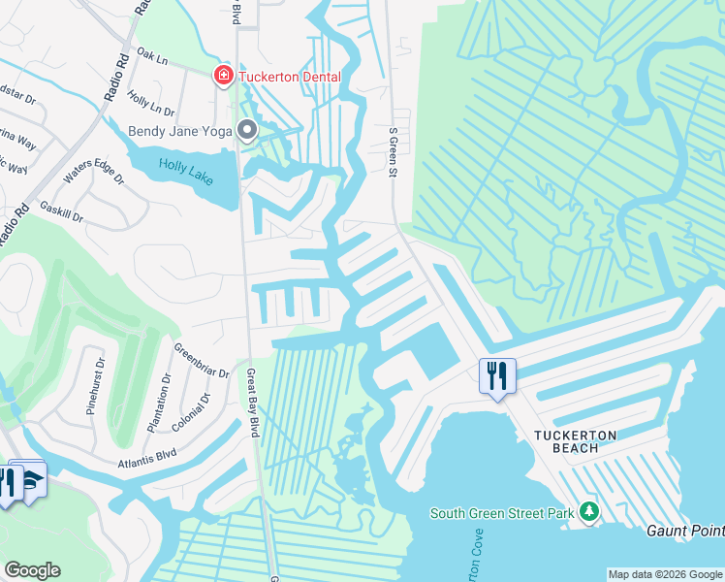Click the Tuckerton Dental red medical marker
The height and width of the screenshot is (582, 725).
tap(223, 75)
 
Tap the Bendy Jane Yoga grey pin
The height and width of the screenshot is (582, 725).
tap(248, 129)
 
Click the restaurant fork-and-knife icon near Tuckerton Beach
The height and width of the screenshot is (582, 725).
tap(497, 375)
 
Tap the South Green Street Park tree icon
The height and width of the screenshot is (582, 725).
tap(588, 511)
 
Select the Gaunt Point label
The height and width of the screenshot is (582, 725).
tap(685, 531)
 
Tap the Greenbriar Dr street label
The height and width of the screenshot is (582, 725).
tap(202, 360)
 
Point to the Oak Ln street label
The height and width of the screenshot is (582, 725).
tap(150, 55)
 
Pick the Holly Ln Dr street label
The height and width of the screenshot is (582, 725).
tap(150, 106)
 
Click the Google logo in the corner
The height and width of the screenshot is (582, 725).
tap(32, 570)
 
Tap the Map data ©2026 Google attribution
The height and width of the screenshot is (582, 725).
tap(665, 574)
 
